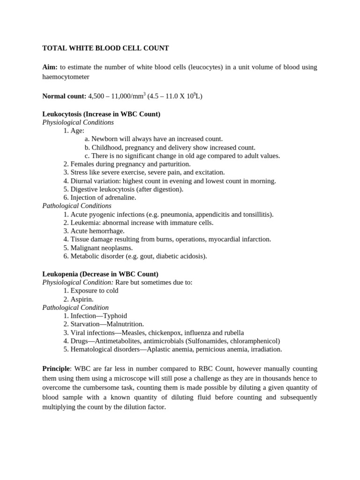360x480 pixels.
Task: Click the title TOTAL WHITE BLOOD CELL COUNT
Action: point(105,48)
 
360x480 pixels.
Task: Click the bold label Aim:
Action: point(50,67)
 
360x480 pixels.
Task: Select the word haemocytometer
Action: point(66,76)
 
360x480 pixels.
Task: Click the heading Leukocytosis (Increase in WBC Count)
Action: point(101,114)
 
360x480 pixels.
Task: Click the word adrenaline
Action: point(120,197)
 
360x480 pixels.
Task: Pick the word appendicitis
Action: point(206,214)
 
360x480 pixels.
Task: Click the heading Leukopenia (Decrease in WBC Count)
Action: point(100,274)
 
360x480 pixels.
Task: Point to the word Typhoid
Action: point(115,315)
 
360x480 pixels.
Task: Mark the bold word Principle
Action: point(56,369)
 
